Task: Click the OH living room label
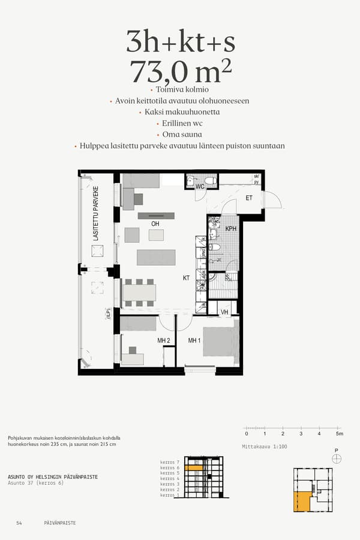pyautogui.click(x=155, y=224)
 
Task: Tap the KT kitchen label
pyautogui.click(x=187, y=278)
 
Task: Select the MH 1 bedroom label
pyautogui.click(x=194, y=341)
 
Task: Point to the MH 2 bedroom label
pyautogui.click(x=164, y=341)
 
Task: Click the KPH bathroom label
pyautogui.click(x=231, y=229)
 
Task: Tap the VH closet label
pyautogui.click(x=224, y=312)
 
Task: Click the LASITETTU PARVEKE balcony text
pyautogui.click(x=95, y=213)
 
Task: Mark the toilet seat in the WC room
pyautogui.click(x=210, y=180)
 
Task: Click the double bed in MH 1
pyautogui.click(x=219, y=341)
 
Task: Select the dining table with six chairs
pyautogui.click(x=139, y=292)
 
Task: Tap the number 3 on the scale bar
pyautogui.click(x=301, y=434)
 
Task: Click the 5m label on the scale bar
pyautogui.click(x=339, y=434)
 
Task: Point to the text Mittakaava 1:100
pyautogui.click(x=265, y=447)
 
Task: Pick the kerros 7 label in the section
pyautogui.click(x=170, y=462)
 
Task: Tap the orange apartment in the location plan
pyautogui.click(x=302, y=501)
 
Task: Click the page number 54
pyautogui.click(x=19, y=523)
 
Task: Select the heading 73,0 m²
pyautogui.click(x=181, y=72)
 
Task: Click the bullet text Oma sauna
pyautogui.click(x=182, y=134)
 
